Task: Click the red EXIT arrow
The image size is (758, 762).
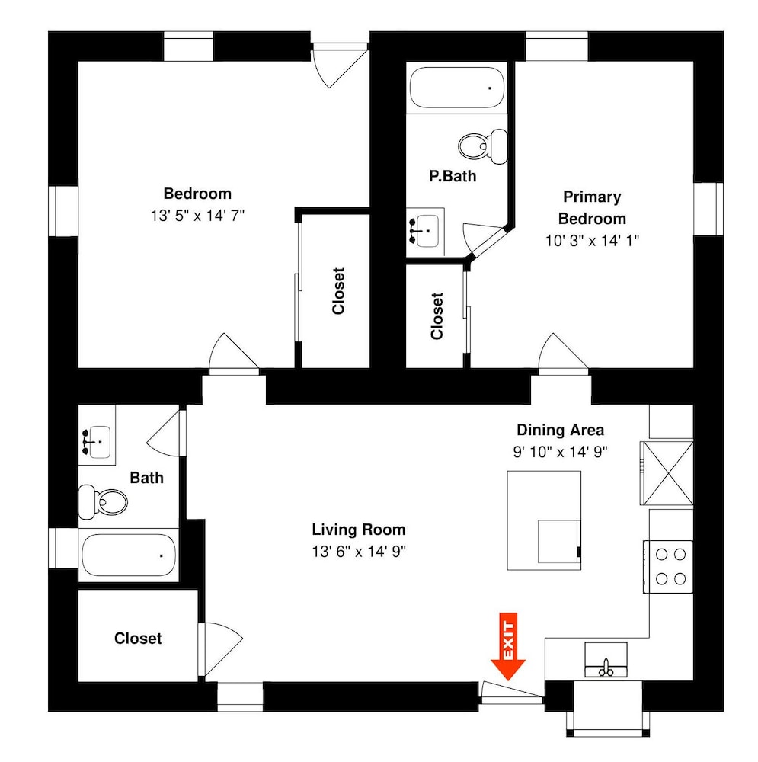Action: click(x=508, y=646)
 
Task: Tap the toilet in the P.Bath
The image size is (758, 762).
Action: click(x=483, y=146)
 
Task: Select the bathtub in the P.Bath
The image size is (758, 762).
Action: click(x=457, y=88)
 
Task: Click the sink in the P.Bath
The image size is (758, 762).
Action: click(x=425, y=231)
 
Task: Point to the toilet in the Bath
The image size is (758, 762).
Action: click(x=103, y=501)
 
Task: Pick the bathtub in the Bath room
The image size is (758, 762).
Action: click(x=129, y=555)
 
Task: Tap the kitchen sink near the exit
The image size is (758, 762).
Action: click(x=606, y=659)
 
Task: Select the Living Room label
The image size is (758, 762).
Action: click(x=359, y=530)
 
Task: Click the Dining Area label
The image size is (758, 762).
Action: click(x=560, y=430)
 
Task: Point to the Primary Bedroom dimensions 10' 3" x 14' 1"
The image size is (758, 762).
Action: click(x=592, y=241)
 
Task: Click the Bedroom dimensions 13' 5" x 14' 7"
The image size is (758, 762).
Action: click(x=197, y=216)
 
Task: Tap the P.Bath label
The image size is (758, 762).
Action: click(x=453, y=176)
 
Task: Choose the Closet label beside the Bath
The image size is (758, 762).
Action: click(x=138, y=638)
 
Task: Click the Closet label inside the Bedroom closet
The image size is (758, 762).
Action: click(x=338, y=290)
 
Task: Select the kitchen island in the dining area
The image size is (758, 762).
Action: click(x=544, y=520)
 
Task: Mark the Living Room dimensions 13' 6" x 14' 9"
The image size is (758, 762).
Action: click(x=359, y=552)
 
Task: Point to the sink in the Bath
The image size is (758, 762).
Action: click(x=97, y=442)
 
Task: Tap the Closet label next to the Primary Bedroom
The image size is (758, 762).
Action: click(x=437, y=316)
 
